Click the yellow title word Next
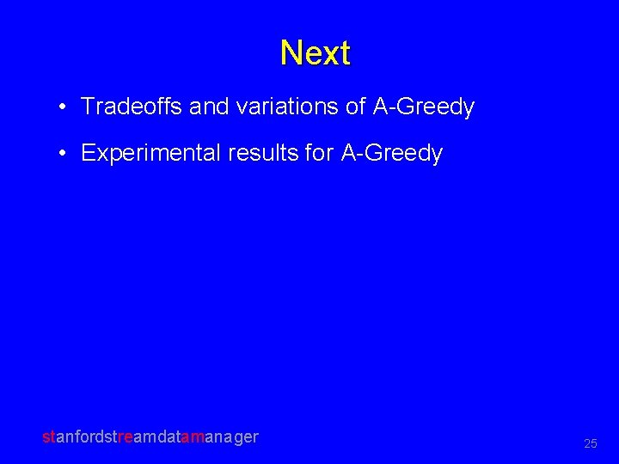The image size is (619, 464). click(315, 53)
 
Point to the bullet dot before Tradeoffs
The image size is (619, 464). click(64, 107)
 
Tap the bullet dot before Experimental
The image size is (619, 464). click(64, 154)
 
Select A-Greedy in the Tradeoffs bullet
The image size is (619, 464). click(423, 107)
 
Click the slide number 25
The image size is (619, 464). click(591, 443)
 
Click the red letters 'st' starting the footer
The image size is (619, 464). click(48, 437)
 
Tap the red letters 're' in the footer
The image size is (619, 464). click(126, 437)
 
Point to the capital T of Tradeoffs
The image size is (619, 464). click(87, 107)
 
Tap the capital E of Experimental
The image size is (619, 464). click(88, 154)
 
